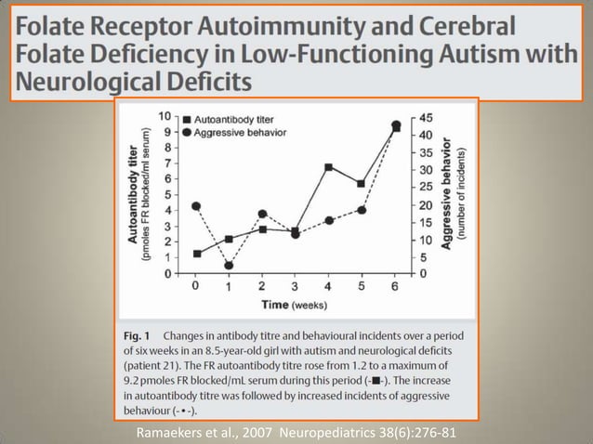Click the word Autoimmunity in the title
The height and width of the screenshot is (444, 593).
point(281,26)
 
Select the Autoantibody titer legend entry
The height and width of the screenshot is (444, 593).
point(228,120)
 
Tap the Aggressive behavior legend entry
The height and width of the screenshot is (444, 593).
point(234,133)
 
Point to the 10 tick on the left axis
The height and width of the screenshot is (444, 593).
point(166,116)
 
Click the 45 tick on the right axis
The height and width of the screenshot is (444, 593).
point(426,118)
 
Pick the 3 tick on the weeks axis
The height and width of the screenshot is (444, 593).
point(295,286)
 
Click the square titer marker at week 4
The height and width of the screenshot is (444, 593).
point(329,167)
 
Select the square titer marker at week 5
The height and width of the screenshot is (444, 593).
point(362,184)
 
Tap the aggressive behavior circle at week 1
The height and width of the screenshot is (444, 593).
point(229,266)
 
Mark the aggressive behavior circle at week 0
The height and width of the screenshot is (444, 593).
point(196,206)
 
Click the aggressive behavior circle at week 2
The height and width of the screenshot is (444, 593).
point(262,214)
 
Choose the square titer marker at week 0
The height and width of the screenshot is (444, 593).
point(197,254)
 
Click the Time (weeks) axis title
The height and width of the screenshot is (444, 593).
point(295,305)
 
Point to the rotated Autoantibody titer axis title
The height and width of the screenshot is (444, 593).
point(132,194)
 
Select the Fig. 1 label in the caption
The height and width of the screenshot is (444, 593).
point(137,335)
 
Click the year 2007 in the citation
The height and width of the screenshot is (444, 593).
point(257,432)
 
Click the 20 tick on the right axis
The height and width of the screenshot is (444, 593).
point(426,205)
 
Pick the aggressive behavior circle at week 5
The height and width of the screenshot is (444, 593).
point(362,210)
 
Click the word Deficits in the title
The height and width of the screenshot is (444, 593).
point(209,82)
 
